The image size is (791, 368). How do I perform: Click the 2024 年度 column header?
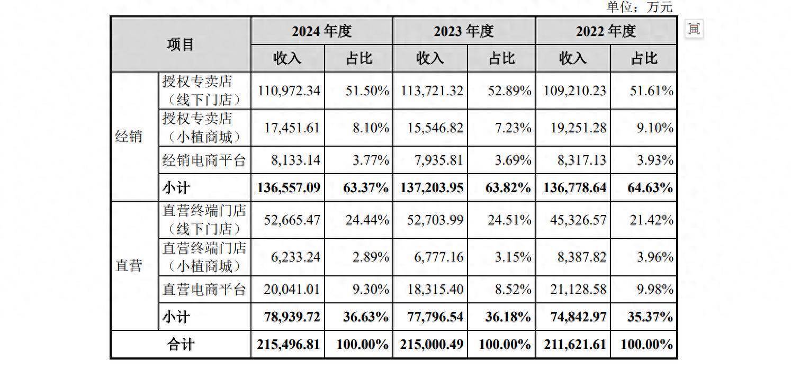(x=321, y=31)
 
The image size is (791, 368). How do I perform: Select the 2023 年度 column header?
(x=464, y=31)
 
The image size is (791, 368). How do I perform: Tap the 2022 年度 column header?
(x=606, y=31)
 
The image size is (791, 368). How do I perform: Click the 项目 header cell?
(x=181, y=45)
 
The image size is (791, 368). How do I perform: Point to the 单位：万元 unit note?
(x=639, y=7)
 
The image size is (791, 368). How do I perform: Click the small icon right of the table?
(x=694, y=29)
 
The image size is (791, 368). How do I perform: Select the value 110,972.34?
(x=289, y=91)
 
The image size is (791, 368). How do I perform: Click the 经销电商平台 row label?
(x=204, y=160)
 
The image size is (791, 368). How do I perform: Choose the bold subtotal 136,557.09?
(x=289, y=187)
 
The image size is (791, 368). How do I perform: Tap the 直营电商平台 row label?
(x=204, y=290)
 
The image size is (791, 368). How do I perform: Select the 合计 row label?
(x=181, y=345)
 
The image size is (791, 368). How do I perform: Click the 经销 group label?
(x=129, y=137)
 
